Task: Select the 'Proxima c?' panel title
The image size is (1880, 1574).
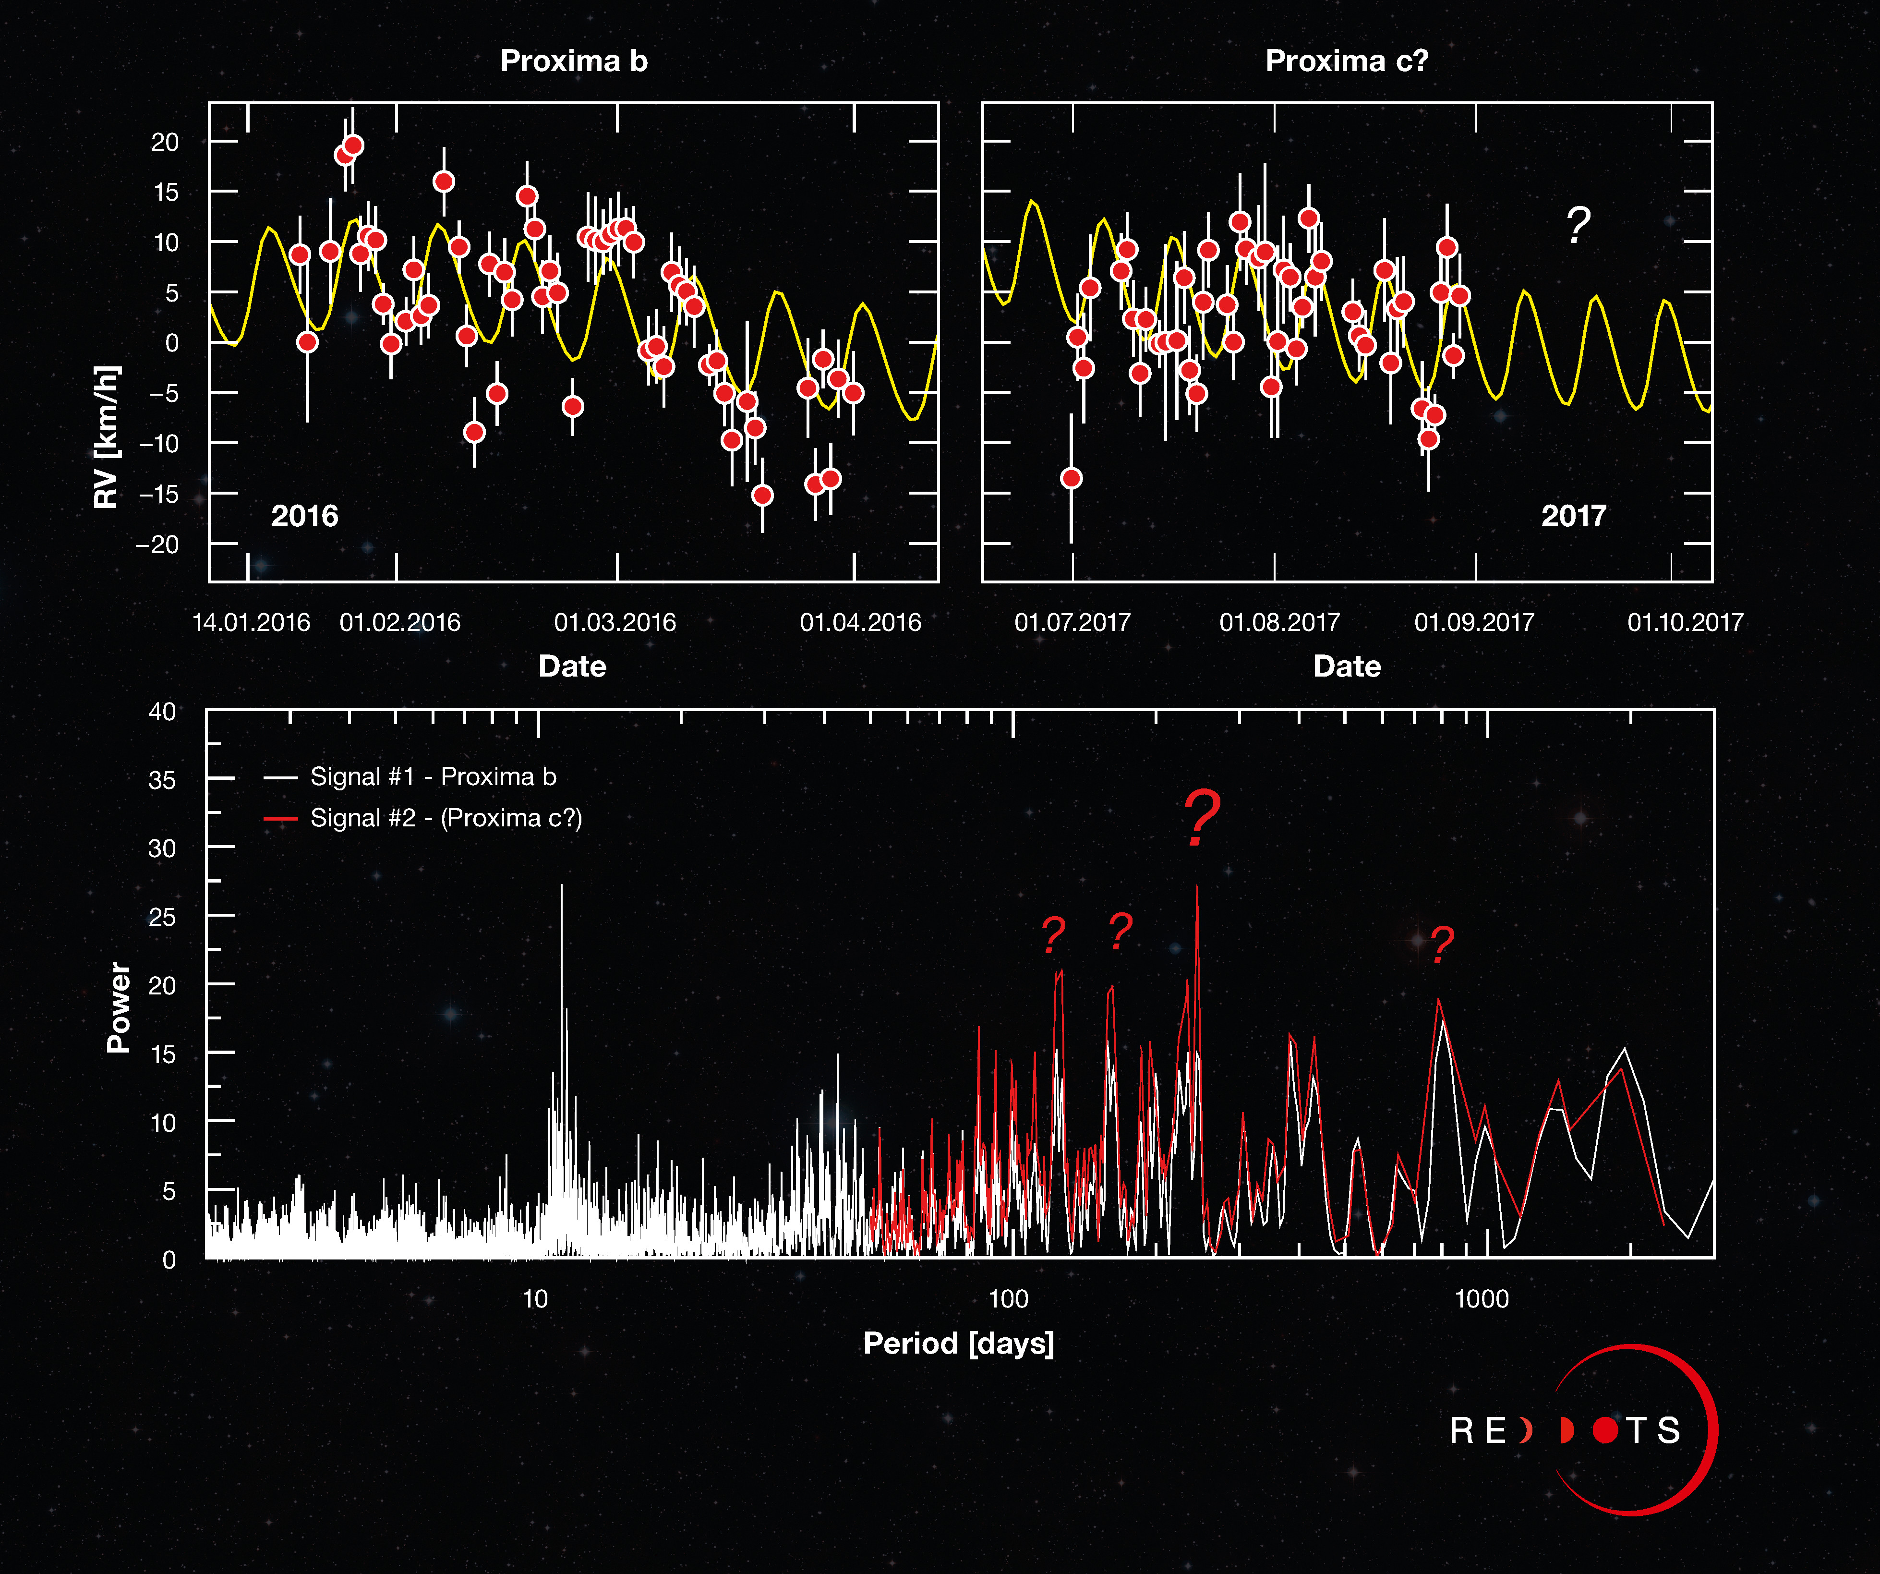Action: tap(1347, 61)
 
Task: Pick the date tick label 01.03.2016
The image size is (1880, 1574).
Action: tap(615, 622)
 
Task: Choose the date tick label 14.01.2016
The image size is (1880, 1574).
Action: tap(252, 622)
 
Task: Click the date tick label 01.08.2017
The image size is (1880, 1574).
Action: tap(1279, 622)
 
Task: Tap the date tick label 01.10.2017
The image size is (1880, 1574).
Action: tap(1685, 622)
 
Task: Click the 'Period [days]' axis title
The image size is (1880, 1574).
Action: tap(958, 1343)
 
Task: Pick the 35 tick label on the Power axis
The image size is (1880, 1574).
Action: tap(162, 780)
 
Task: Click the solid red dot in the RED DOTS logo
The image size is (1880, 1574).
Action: tap(1605, 1430)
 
